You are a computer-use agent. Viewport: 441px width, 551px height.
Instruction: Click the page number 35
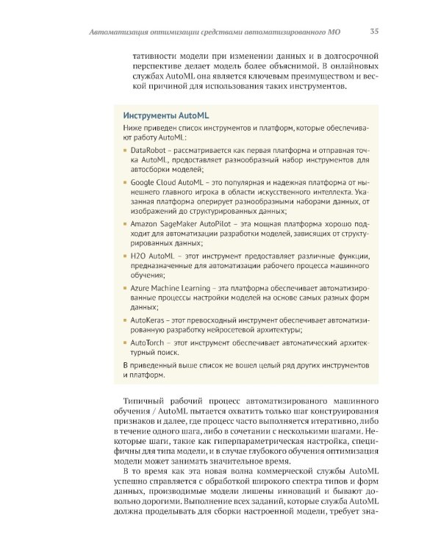374,32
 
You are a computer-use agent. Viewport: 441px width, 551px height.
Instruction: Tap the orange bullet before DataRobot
126,149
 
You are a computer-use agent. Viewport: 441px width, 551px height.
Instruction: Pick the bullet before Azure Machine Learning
126,289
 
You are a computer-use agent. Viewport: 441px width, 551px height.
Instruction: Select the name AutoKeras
147,321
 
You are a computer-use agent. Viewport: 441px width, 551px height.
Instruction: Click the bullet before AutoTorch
126,342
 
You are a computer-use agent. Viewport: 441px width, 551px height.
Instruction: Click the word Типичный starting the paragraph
146,400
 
